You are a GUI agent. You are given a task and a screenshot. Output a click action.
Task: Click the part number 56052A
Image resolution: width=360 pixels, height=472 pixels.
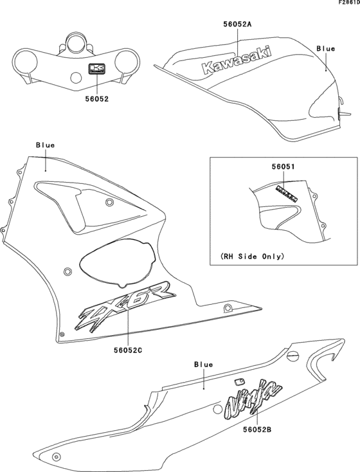tap(237, 24)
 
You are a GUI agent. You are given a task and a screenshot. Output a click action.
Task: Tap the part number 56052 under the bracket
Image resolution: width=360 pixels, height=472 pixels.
tap(96, 99)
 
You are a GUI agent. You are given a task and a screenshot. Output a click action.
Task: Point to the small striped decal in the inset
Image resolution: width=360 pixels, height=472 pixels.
tap(286, 192)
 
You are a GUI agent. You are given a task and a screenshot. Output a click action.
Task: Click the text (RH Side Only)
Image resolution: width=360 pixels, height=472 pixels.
tap(253, 255)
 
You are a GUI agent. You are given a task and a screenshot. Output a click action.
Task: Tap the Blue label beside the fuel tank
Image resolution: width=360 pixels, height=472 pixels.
tap(326, 48)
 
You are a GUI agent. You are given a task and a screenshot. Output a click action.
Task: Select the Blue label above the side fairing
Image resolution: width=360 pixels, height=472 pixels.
tap(45, 145)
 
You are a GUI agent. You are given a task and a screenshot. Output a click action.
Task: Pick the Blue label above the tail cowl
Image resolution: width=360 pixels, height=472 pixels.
tap(203, 364)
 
